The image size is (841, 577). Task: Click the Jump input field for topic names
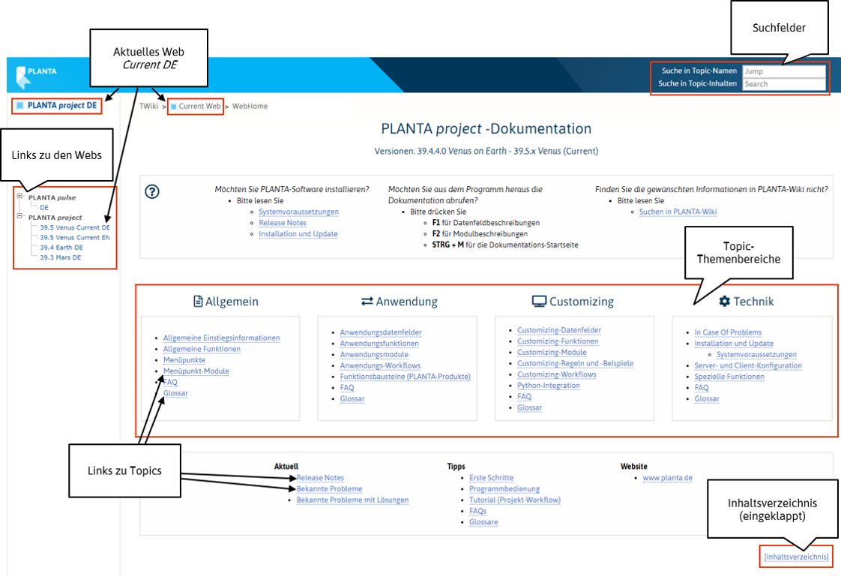[783, 71]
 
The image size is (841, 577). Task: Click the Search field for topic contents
[783, 84]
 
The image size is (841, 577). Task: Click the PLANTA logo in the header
[36, 74]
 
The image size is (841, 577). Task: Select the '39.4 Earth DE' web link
[61, 248]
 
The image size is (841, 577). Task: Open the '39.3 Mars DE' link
[60, 257]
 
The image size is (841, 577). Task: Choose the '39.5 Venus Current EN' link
[74, 237]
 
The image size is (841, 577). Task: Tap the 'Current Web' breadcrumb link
[199, 107]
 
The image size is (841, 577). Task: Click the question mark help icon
[151, 191]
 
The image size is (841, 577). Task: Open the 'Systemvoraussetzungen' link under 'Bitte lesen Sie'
[298, 212]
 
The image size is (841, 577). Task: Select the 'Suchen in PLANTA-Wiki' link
[678, 212]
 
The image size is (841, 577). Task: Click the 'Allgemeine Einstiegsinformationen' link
[221, 338]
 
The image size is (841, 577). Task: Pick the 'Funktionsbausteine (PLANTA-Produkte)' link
[405, 377]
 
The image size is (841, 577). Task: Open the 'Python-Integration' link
[549, 386]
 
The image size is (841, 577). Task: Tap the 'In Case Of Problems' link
[728, 332]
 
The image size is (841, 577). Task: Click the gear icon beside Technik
[724, 302]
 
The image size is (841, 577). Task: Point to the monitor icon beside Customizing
[539, 302]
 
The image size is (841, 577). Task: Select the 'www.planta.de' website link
[667, 478]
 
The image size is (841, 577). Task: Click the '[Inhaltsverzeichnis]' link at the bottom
[796, 557]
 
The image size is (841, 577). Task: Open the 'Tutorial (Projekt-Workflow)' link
[515, 500]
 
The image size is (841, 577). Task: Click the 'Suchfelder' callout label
[779, 28]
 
